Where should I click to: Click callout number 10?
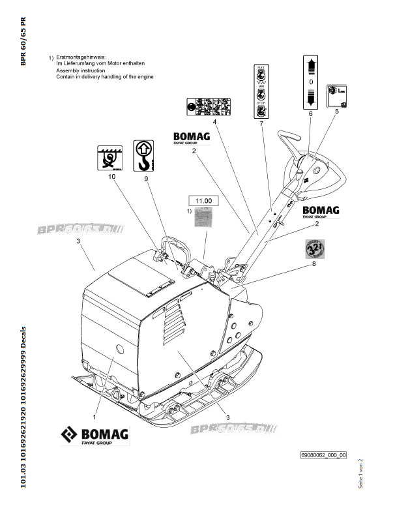click(111, 177)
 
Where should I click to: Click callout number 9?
click(146, 178)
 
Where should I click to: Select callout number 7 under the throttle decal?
click(261, 123)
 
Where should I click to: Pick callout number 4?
click(214, 121)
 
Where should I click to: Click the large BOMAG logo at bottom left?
click(95, 436)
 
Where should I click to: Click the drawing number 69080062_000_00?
click(323, 455)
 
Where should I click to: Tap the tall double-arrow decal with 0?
click(310, 82)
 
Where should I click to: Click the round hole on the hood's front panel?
click(116, 344)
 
